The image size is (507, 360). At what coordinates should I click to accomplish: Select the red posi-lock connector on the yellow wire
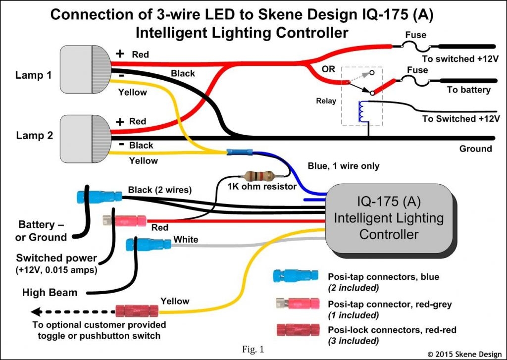pyautogui.click(x=137, y=311)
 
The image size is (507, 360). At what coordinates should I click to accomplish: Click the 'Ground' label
pyautogui.click(x=475, y=149)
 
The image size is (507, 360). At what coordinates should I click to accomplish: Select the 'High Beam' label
pyautogui.click(x=50, y=292)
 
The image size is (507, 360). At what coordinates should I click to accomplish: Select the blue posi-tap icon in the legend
pyautogui.click(x=296, y=275)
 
